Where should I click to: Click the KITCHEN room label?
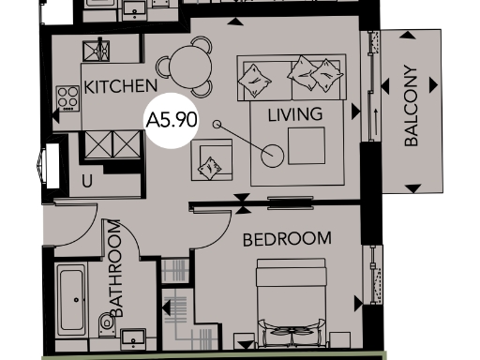tap(120, 86)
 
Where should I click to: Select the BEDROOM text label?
tap(287, 239)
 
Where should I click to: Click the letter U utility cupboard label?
tap(87, 182)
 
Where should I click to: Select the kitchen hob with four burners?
tap(67, 96)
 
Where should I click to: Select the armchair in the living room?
tap(212, 160)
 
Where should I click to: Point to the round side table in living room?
tap(273, 155)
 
